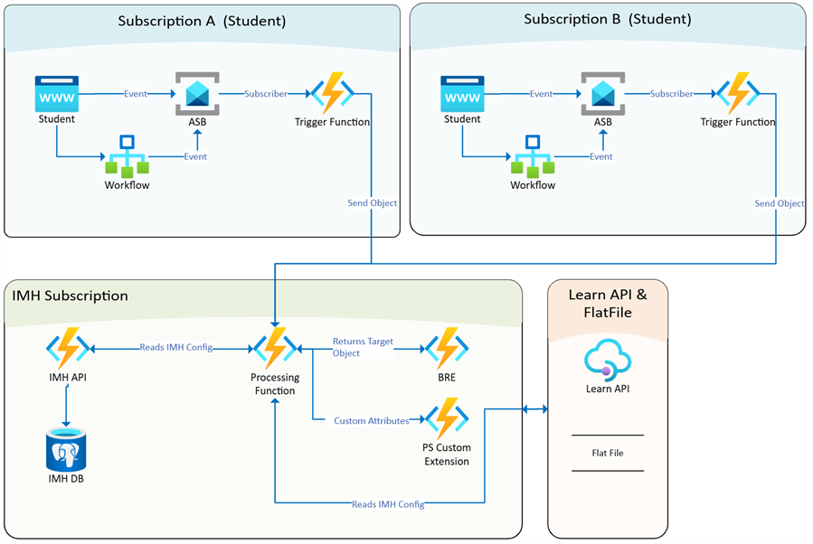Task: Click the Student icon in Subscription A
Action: pos(56,93)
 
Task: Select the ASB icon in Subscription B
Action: pos(602,94)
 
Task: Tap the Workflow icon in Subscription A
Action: pos(128,157)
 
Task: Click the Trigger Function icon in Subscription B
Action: pos(737,93)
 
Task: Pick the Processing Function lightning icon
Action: pos(275,348)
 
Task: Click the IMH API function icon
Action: pos(68,348)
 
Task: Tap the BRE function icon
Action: pos(447,348)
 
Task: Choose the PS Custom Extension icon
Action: pos(447,420)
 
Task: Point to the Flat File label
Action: pos(608,453)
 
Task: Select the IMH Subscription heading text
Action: pos(71,295)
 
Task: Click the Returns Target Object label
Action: pos(362,348)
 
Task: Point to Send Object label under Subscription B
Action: pos(779,203)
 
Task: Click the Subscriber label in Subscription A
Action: pos(266,93)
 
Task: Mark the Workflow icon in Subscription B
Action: pos(533,157)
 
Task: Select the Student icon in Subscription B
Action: pos(462,93)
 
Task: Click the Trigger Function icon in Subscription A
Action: pos(331,93)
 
